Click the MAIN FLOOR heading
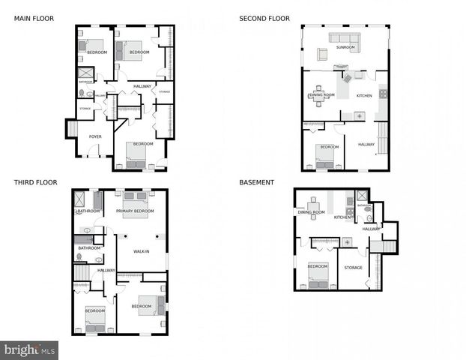(x=33, y=18)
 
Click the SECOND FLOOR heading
(x=264, y=18)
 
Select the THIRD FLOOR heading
(x=35, y=181)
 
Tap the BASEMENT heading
(x=256, y=181)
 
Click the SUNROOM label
(x=345, y=47)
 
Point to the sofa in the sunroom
(x=345, y=38)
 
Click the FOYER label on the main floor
(x=95, y=136)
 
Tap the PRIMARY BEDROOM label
(x=135, y=211)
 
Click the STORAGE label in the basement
(x=353, y=268)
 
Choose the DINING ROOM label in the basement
(x=312, y=212)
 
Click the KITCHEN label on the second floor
(x=364, y=96)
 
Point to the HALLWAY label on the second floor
(x=366, y=144)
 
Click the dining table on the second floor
(x=319, y=96)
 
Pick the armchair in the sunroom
(x=322, y=54)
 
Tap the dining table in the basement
(x=312, y=205)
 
